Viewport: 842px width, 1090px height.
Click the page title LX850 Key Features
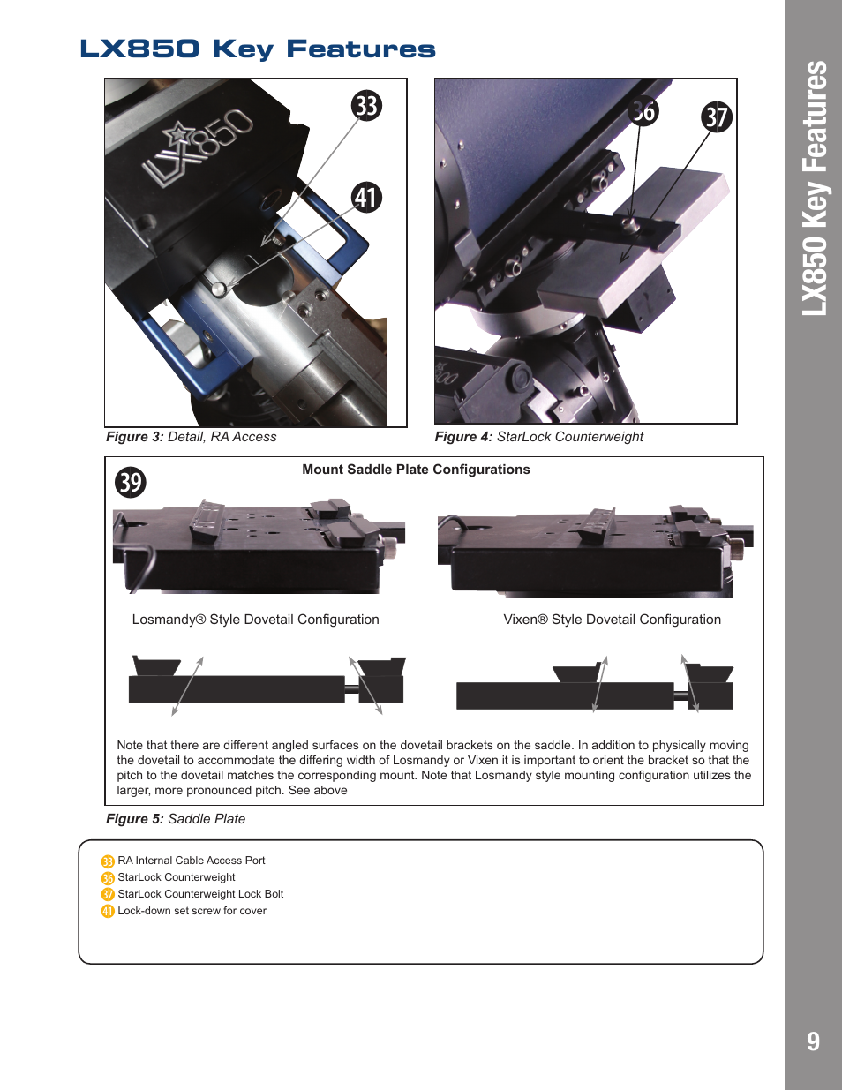[258, 49]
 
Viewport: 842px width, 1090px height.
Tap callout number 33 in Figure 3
[366, 106]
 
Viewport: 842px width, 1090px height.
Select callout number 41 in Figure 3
[366, 197]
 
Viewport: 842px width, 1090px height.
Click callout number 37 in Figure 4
[717, 117]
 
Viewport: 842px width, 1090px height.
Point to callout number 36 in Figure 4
[643, 111]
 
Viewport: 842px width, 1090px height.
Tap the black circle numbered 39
[131, 482]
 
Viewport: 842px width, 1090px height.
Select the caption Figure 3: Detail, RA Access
[192, 437]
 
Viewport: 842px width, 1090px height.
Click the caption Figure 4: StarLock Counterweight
[538, 437]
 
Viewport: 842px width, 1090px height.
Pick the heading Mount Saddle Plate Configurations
[416, 470]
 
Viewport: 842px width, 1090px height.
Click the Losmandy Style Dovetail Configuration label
[255, 620]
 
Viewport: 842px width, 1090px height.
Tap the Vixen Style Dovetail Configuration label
[612, 620]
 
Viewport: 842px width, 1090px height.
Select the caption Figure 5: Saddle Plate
[176, 819]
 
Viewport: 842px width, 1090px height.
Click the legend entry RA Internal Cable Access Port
[192, 861]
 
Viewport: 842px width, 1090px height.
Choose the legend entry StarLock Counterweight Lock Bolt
[200, 894]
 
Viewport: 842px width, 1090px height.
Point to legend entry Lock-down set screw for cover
[192, 911]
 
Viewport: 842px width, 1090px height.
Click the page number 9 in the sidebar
[813, 1041]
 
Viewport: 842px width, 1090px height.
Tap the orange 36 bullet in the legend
[108, 878]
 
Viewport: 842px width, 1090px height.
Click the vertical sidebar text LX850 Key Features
[815, 188]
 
